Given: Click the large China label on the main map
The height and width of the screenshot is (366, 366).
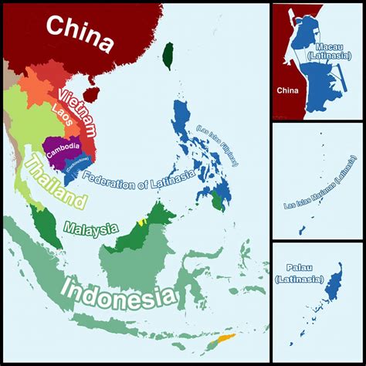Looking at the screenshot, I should click(80, 32).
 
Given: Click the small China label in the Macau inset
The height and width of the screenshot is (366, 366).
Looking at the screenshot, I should click(287, 90).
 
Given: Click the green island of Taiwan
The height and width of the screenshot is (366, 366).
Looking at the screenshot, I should click(168, 54).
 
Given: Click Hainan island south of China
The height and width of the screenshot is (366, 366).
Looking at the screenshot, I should click(91, 94).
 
